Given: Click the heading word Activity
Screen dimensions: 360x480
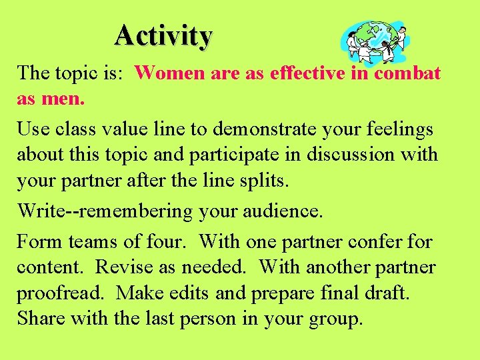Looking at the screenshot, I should point(163,35).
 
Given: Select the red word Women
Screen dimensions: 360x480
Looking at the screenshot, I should point(171,73).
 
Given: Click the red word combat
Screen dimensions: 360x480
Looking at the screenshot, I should point(407,73).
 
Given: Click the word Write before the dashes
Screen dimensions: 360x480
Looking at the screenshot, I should point(39,211).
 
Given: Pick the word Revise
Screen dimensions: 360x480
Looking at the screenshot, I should point(123,267).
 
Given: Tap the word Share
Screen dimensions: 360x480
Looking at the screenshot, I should point(41,319).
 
